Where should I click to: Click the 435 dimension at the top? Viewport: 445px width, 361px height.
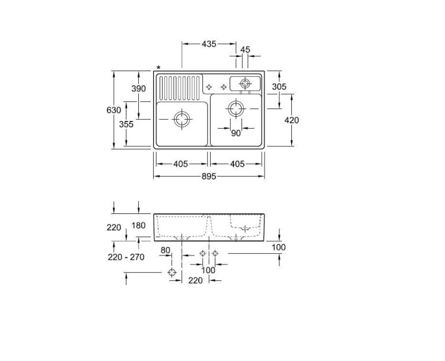pos(209,44)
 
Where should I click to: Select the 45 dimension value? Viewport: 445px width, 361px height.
pos(245,50)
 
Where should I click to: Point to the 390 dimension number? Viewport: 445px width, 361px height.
pos(138,88)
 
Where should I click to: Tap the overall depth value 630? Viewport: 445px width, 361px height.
pos(114,110)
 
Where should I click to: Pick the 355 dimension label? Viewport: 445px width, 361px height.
pos(126,124)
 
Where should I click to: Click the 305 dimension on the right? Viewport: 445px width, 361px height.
pos(279,87)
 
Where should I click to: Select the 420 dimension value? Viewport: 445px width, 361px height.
pos(291,120)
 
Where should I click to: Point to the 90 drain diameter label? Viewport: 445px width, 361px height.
pos(236,133)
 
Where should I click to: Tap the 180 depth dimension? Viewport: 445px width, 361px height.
pos(138,225)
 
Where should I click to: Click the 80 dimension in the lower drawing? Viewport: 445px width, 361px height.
pos(165,250)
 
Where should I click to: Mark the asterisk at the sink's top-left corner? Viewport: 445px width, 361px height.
pos(158,68)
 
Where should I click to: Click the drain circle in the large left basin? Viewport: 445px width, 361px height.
pos(182,119)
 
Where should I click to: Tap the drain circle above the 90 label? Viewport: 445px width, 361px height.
pos(236,108)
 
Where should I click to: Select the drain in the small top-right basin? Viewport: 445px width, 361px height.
pos(244,84)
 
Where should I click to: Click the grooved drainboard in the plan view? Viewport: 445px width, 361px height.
pos(180,88)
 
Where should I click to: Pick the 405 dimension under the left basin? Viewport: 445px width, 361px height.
pos(181,164)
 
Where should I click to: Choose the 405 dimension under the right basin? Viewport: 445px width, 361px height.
pos(237,164)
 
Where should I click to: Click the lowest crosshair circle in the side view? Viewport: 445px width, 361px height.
pos(172,273)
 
